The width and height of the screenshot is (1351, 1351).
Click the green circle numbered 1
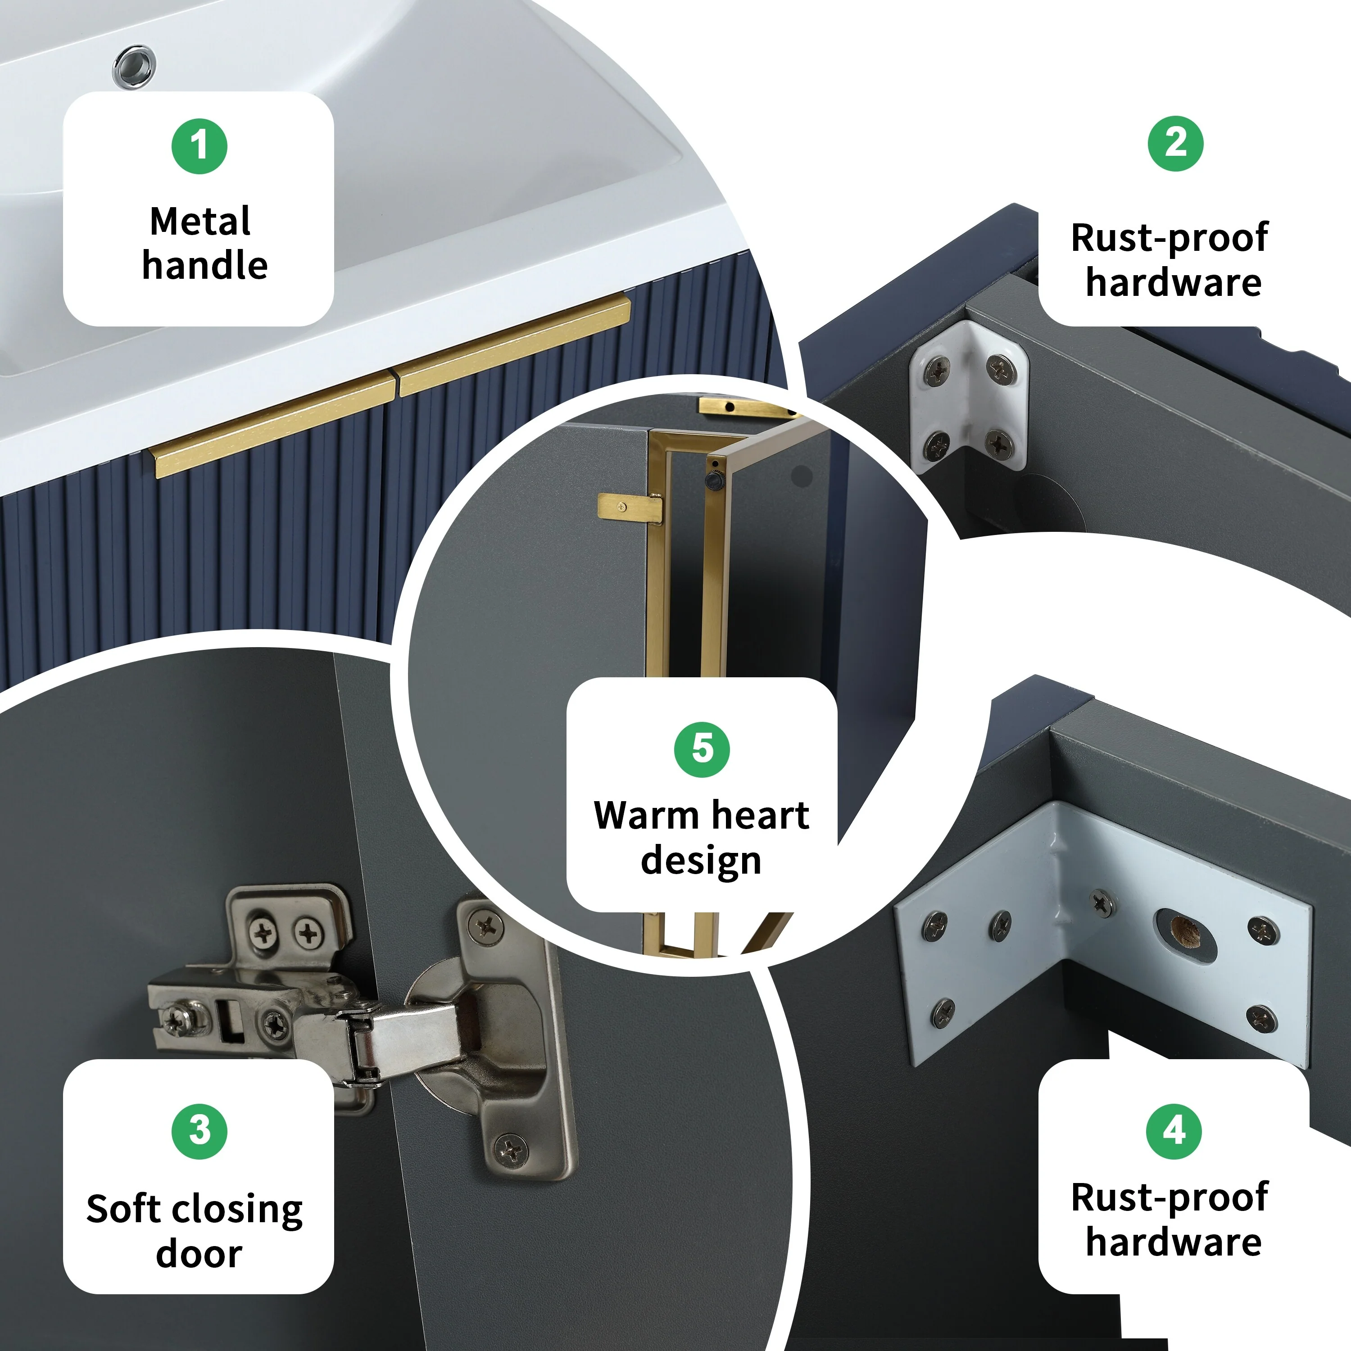(x=199, y=146)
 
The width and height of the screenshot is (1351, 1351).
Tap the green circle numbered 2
(x=1175, y=143)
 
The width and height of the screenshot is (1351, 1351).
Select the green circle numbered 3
(x=199, y=1131)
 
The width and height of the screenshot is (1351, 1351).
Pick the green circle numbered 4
(x=1174, y=1131)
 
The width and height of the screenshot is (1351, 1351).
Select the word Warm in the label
(x=646, y=816)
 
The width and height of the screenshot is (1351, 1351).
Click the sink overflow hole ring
(x=134, y=67)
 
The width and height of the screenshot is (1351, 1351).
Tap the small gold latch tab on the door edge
(x=630, y=507)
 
